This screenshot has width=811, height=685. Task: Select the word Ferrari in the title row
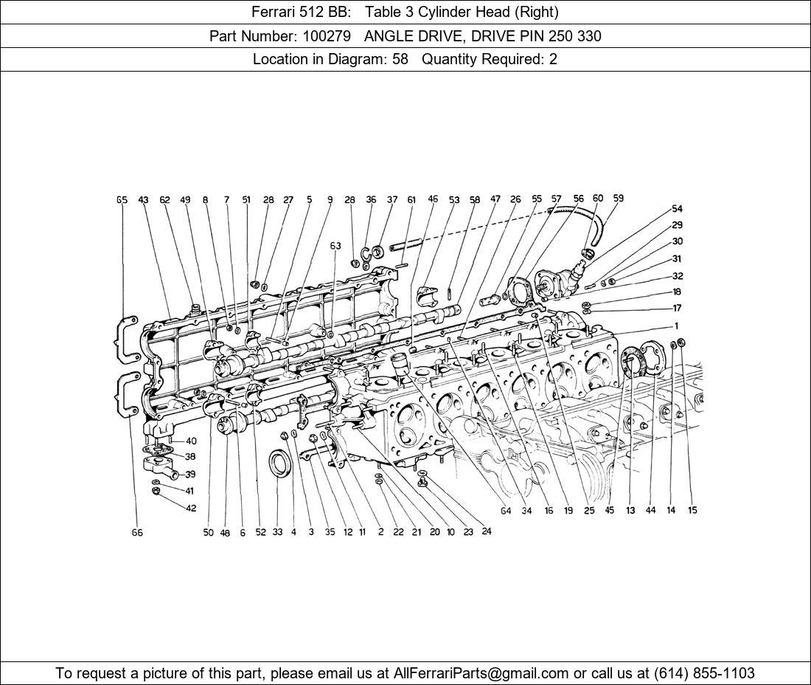coord(275,12)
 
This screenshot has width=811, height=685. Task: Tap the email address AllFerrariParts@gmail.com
coord(481,673)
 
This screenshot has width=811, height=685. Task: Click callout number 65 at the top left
coord(122,200)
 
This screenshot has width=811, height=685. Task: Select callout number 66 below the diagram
coord(137,532)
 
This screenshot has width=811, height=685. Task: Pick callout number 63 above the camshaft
coord(335,246)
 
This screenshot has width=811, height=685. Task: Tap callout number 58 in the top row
coord(475,200)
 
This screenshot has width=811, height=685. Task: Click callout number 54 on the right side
coord(677,209)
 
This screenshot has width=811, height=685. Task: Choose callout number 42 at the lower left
coord(191,508)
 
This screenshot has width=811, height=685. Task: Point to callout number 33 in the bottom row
coord(277,532)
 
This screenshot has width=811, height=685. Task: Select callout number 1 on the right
coord(676,326)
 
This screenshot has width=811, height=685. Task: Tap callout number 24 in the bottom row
coord(487,531)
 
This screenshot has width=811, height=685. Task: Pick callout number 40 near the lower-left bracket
coord(191,441)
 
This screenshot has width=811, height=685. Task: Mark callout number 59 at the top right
coord(618,199)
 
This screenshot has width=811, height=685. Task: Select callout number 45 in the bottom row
coord(609,510)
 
